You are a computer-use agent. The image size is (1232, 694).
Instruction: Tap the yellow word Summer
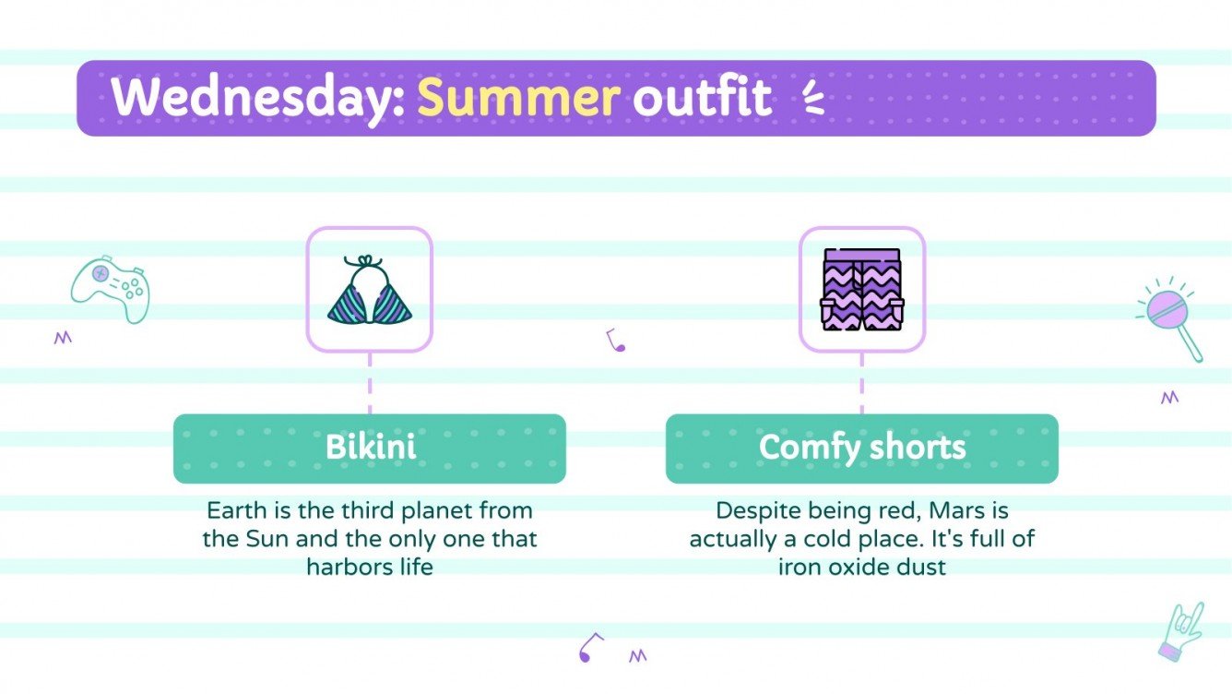click(517, 97)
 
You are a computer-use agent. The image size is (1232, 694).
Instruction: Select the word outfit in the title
click(702, 97)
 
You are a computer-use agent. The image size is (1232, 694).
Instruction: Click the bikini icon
click(370, 290)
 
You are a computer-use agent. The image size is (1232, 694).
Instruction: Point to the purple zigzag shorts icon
click(862, 290)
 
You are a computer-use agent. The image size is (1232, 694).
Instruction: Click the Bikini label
click(370, 448)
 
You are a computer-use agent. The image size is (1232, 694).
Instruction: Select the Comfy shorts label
click(862, 448)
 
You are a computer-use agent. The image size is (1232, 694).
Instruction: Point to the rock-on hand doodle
click(1181, 630)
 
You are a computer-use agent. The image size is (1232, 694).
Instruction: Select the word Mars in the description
click(954, 510)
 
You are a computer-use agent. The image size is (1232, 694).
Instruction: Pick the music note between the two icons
click(615, 341)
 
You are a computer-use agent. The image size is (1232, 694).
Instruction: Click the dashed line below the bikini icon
click(370, 383)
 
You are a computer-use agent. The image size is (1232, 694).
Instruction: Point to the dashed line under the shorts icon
click(862, 383)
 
